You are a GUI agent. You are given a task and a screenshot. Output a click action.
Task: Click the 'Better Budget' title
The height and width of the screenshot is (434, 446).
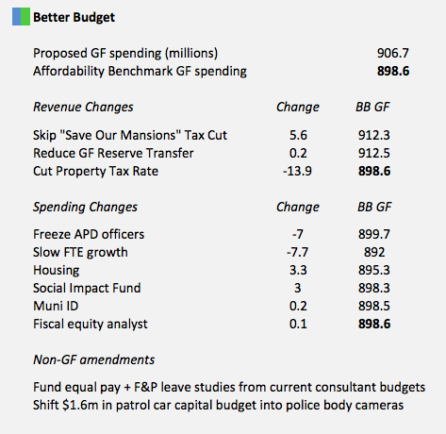[74, 18]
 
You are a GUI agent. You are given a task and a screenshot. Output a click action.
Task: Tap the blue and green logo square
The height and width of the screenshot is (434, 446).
[20, 18]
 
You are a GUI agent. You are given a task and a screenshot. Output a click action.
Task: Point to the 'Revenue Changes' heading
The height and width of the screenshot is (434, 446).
[83, 107]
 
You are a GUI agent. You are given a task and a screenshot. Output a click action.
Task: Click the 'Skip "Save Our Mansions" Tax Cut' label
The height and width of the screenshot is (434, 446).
[129, 136]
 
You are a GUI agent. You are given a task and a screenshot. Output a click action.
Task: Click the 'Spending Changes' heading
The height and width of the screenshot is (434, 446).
[85, 207]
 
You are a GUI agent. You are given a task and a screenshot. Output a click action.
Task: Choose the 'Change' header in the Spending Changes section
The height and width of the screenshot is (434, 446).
[297, 207]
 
